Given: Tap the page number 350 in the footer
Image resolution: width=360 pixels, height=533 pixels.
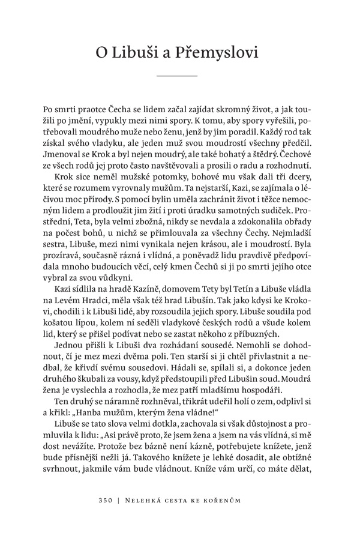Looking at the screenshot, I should [107, 498].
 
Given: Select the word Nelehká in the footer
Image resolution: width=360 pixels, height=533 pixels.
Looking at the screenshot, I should [145, 498].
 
